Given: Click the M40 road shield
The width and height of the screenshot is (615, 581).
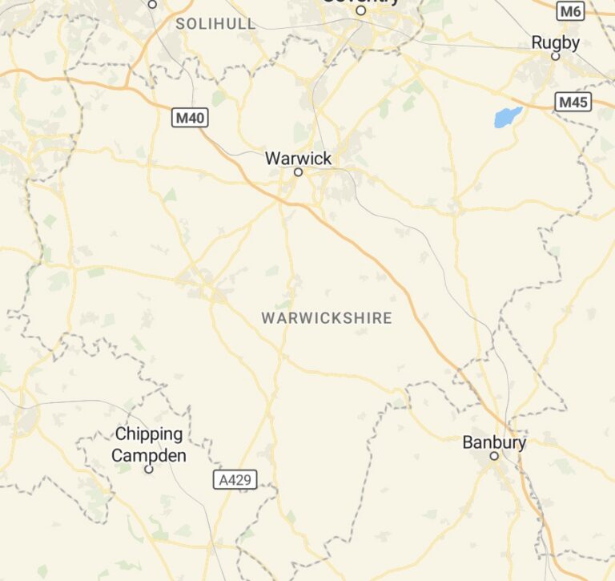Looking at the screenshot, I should (x=191, y=119).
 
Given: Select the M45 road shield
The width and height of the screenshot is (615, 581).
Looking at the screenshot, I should (x=573, y=102).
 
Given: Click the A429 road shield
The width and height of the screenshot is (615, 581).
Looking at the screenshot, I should (x=235, y=480).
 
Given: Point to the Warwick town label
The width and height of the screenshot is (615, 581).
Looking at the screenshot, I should (x=298, y=159).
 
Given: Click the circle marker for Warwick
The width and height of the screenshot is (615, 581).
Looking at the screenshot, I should (x=298, y=172).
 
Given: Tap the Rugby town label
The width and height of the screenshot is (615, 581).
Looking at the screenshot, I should (x=555, y=42).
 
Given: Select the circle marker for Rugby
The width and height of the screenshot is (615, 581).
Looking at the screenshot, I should (x=555, y=56).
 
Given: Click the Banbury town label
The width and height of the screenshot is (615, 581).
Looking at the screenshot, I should (x=494, y=442).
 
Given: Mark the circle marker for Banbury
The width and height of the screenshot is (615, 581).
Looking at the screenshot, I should (x=494, y=456).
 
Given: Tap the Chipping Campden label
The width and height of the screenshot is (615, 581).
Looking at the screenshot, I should (x=149, y=445).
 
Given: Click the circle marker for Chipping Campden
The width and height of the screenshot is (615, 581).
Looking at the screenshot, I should (x=148, y=469).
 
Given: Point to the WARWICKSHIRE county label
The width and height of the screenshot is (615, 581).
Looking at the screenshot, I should (x=327, y=318).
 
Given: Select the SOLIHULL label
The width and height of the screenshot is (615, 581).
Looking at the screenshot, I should (x=215, y=24).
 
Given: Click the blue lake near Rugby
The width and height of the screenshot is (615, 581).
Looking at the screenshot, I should (x=507, y=117).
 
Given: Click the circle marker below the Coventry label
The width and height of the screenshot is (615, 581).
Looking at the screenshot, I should (x=360, y=11).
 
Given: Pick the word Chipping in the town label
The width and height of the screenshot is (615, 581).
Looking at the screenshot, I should (x=149, y=434).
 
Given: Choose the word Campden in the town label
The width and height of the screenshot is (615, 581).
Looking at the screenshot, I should (x=149, y=456).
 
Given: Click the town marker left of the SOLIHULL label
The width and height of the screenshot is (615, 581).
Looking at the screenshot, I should (x=152, y=4).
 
